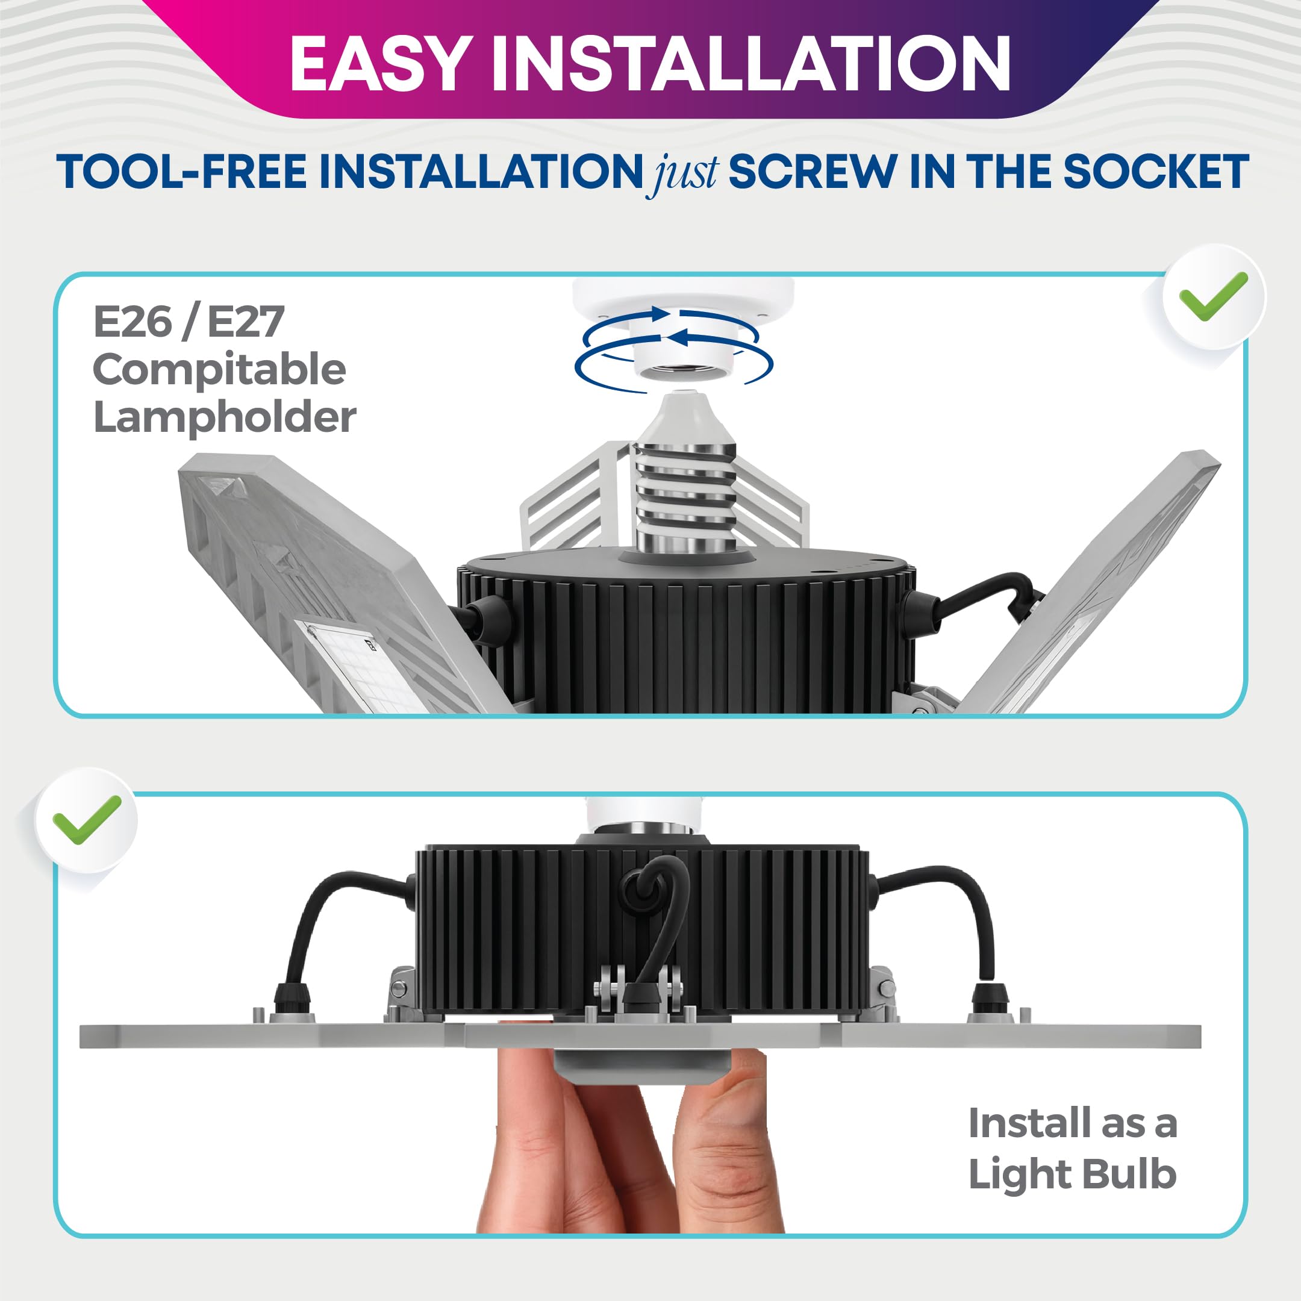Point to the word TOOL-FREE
click(x=181, y=171)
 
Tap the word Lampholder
click(x=224, y=417)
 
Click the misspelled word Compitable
click(x=219, y=370)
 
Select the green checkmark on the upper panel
click(x=1214, y=296)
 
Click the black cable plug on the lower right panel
click(x=991, y=999)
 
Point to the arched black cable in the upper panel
click(x=983, y=593)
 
